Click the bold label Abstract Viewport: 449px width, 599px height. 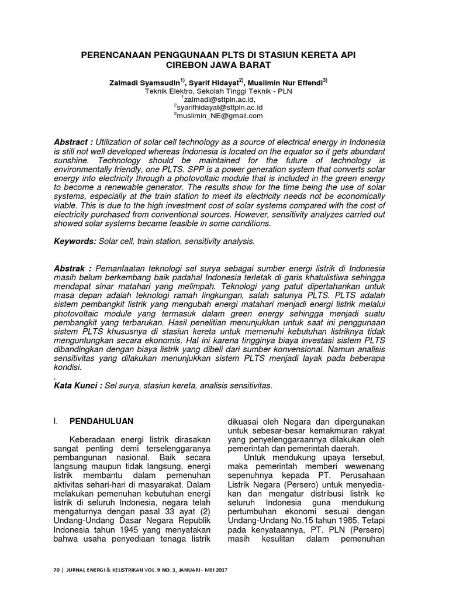click(73, 143)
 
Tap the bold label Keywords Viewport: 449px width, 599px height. click(74, 241)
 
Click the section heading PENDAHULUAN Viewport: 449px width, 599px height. click(102, 421)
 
